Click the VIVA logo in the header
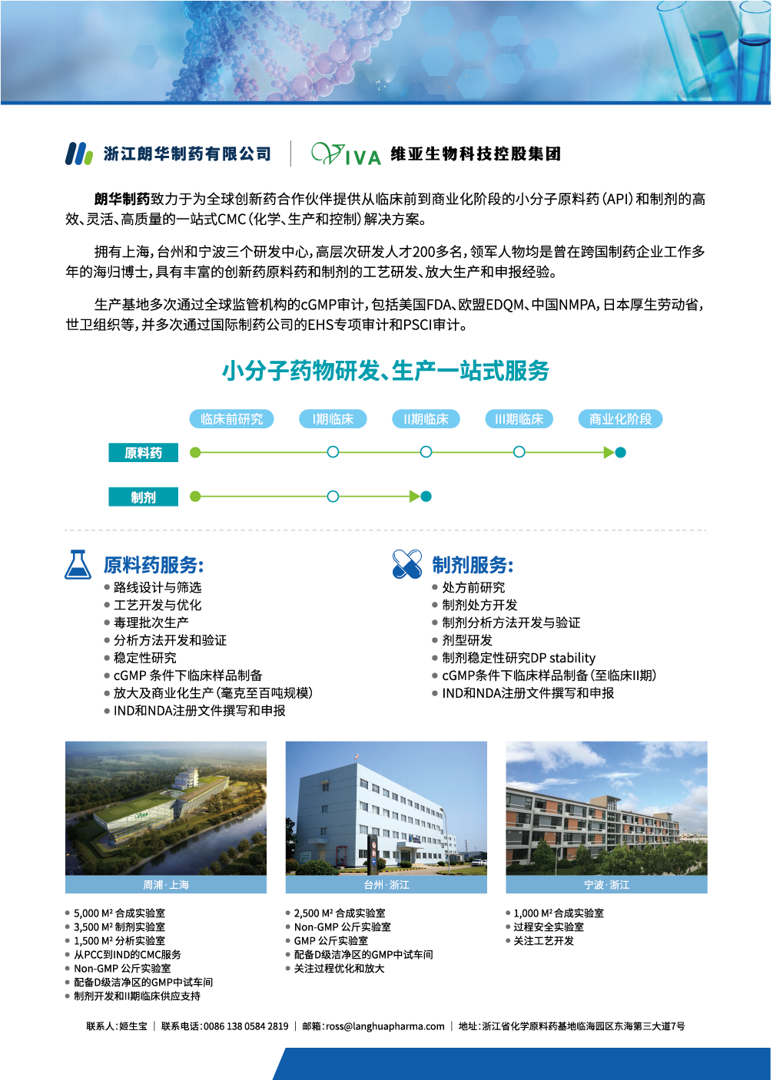point(346,154)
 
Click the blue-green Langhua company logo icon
point(78,154)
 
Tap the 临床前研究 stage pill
point(231,419)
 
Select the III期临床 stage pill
point(519,419)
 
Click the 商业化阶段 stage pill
point(620,419)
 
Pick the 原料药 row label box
point(143,453)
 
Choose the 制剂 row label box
point(143,497)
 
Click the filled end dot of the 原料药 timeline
point(621,453)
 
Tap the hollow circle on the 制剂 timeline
point(333,497)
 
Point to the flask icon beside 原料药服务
point(78,565)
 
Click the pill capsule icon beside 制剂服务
point(406,564)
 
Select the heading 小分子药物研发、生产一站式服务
point(386,372)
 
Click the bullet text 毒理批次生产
point(151,623)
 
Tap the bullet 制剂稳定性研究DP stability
point(518,658)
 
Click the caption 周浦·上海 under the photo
point(166,885)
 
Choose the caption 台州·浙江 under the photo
point(386,885)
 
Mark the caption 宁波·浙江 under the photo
point(606,885)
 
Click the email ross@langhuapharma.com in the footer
point(385,1026)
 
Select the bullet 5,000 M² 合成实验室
point(119,913)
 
